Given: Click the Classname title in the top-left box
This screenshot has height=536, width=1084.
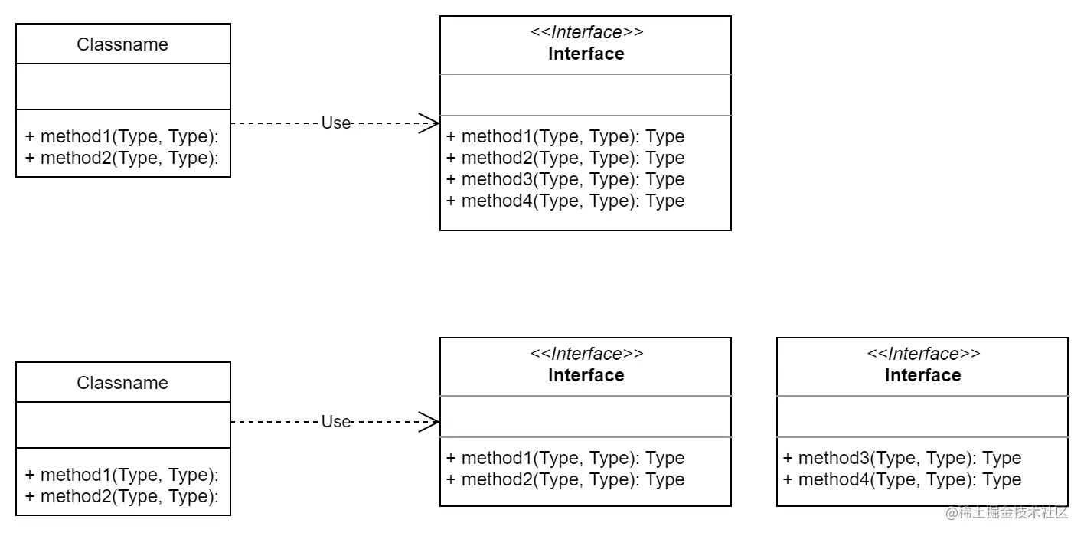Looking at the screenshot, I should pyautogui.click(x=122, y=44).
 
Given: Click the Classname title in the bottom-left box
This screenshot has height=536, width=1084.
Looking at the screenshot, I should pyautogui.click(x=122, y=383).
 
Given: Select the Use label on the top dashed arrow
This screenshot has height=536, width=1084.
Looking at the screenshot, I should pyautogui.click(x=335, y=123).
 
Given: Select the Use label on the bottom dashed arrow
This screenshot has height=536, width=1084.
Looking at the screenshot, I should pyautogui.click(x=335, y=421).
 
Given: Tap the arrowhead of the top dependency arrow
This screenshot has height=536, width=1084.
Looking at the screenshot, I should pyautogui.click(x=430, y=123).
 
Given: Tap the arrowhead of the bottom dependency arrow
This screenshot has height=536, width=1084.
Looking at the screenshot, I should pyautogui.click(x=430, y=421).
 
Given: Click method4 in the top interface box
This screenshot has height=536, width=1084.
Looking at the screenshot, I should pyautogui.click(x=565, y=201).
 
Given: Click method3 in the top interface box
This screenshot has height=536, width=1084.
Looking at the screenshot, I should pyautogui.click(x=565, y=179).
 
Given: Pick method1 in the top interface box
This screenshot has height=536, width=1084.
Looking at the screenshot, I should pyautogui.click(x=565, y=136).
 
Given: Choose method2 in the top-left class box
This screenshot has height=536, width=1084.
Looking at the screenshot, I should pyautogui.click(x=122, y=158).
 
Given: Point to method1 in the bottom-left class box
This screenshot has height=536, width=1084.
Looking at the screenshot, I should pyautogui.click(x=122, y=475).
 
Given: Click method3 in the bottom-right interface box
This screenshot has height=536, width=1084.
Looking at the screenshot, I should pyautogui.click(x=902, y=458).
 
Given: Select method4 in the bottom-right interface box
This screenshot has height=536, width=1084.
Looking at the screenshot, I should pyautogui.click(x=902, y=479).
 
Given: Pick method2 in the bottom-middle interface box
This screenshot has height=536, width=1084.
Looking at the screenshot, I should pyautogui.click(x=565, y=479).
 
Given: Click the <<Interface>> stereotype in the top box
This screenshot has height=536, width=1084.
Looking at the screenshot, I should pyautogui.click(x=586, y=32).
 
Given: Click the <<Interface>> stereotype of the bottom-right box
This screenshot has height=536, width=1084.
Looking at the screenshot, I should pyautogui.click(x=923, y=354).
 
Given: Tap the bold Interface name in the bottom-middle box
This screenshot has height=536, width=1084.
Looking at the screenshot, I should pyautogui.click(x=586, y=375).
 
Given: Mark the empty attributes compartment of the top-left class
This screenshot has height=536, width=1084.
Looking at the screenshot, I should pyautogui.click(x=122, y=87).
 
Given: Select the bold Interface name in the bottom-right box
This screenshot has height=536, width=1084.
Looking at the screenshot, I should pyautogui.click(x=923, y=375).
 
